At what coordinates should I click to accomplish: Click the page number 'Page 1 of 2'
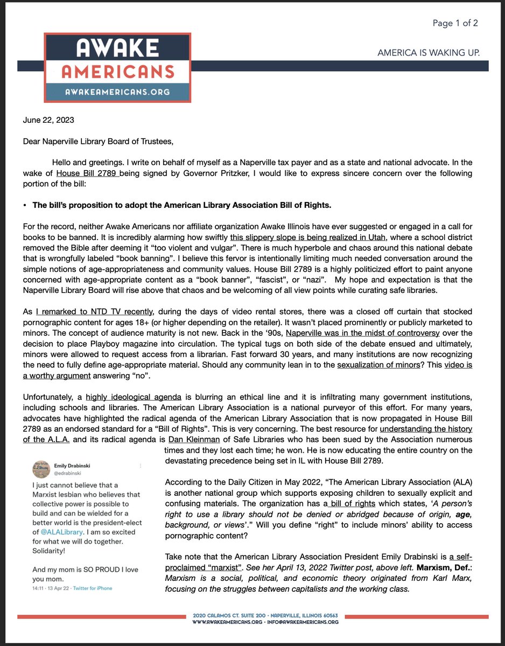(x=455, y=23)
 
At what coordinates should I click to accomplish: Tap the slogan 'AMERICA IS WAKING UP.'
(x=429, y=53)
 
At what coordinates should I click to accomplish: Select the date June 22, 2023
(x=48, y=120)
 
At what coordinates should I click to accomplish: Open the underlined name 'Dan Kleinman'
(x=192, y=439)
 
